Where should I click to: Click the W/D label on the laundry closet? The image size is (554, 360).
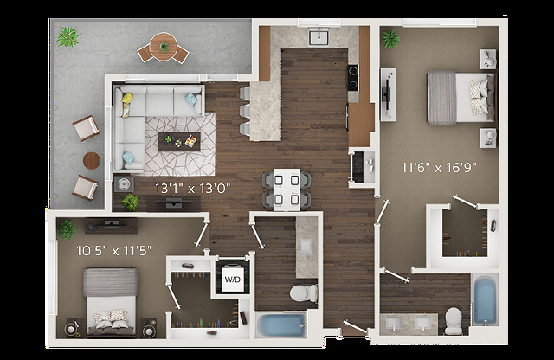pyautogui.click(x=234, y=280)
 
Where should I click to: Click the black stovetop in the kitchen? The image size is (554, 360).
pyautogui.click(x=352, y=79)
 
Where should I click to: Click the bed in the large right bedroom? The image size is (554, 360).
pyautogui.click(x=459, y=94)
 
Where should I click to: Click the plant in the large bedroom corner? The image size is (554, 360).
pyautogui.click(x=391, y=38)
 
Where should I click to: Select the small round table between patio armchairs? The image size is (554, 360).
pyautogui.click(x=93, y=160)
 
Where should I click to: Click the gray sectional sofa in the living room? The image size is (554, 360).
pyautogui.click(x=148, y=112)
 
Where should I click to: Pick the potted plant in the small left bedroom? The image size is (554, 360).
pyautogui.click(x=67, y=229)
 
